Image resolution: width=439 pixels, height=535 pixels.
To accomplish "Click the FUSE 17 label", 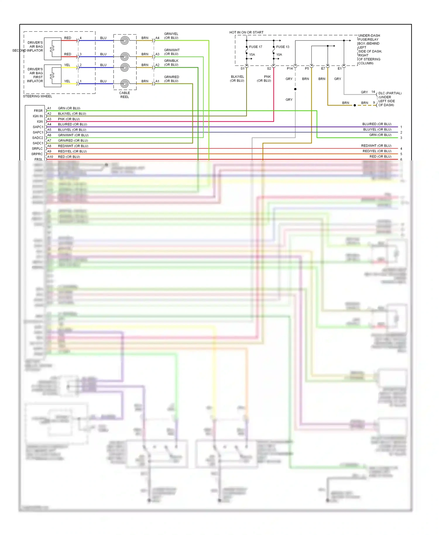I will [255, 47].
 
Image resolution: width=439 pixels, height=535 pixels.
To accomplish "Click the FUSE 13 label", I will [282, 47].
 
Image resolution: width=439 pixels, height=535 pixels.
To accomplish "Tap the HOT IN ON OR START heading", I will [246, 32].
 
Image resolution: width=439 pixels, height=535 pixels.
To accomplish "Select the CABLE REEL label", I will [124, 95].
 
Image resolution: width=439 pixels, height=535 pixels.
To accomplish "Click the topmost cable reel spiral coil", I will [125, 40].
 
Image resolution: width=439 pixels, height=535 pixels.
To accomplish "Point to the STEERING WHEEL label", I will [37, 96].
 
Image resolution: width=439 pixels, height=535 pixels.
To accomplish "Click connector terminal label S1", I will [242, 68].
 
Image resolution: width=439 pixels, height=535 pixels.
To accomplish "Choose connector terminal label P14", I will [289, 68].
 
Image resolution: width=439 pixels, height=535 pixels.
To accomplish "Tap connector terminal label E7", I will [323, 68].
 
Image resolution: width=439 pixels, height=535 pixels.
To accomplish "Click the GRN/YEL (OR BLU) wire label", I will [171, 36].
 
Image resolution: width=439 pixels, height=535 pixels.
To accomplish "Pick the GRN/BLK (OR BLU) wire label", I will [171, 63].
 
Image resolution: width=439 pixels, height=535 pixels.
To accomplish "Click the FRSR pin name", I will [38, 111].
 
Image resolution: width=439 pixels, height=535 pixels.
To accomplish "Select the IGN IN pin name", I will [37, 116].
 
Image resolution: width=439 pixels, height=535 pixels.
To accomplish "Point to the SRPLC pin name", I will [37, 149].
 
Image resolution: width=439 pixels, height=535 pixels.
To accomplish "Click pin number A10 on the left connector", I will [50, 157].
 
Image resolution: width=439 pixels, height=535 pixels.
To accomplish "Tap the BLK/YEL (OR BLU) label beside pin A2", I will [72, 114].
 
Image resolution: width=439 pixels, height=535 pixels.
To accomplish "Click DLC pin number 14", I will [373, 92].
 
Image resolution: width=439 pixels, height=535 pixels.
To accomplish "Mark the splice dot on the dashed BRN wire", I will [355, 105].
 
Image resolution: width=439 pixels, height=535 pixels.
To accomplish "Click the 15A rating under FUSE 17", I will [252, 55].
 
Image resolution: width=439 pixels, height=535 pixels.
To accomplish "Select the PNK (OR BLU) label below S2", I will [264, 79].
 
